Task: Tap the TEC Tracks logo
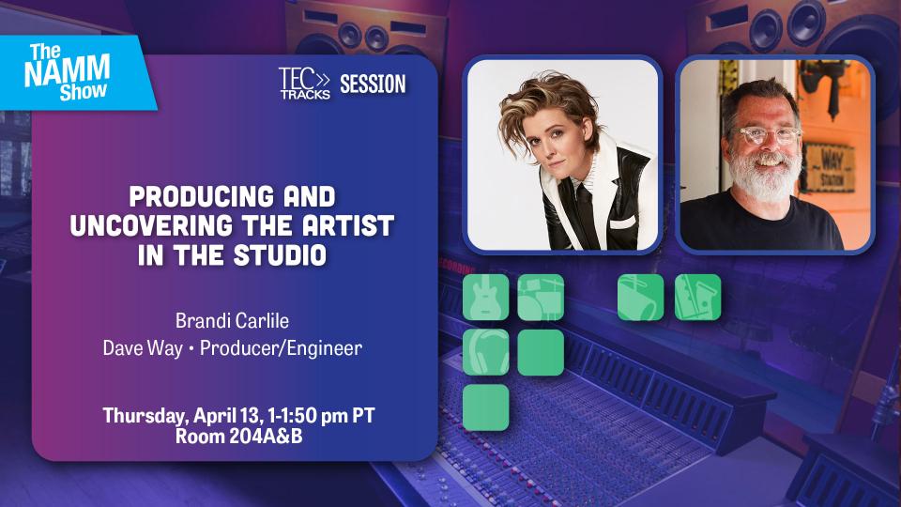305,84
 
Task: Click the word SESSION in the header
373,84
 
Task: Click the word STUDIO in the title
280,254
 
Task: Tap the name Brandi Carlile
232,320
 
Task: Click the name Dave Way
143,347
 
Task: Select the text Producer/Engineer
281,347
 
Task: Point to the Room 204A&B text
238,437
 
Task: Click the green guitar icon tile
485,298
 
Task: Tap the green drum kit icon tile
541,298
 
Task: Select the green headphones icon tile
485,352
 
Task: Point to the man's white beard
765,173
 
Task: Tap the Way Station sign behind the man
829,168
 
